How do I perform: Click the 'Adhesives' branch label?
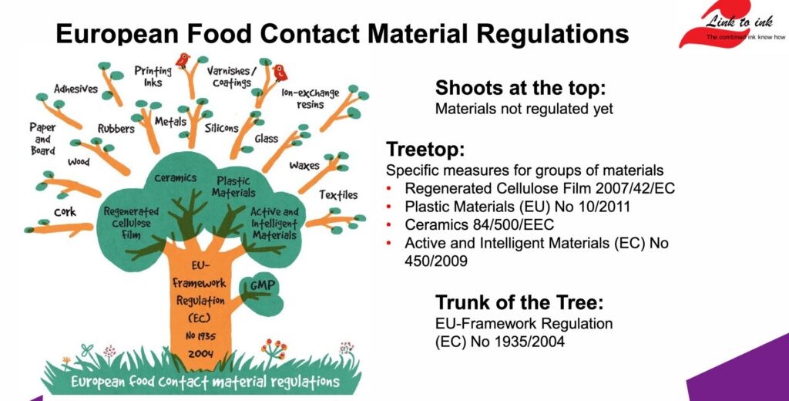76,89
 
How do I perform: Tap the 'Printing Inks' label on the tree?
153,76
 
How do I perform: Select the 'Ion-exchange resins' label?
310,98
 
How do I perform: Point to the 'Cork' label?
65,212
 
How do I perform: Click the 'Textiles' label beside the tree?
338,195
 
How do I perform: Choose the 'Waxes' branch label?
304,165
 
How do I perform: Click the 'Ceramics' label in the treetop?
176,178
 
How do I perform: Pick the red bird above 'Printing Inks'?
182,60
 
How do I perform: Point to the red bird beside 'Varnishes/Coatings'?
279,72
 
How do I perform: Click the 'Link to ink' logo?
732,24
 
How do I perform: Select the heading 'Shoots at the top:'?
521,88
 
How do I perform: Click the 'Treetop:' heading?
425,149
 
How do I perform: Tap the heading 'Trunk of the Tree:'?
519,302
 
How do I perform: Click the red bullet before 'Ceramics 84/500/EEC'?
388,224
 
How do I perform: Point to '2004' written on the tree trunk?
201,353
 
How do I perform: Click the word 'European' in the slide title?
117,33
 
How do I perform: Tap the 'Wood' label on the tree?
79,162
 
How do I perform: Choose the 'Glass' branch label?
266,139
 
